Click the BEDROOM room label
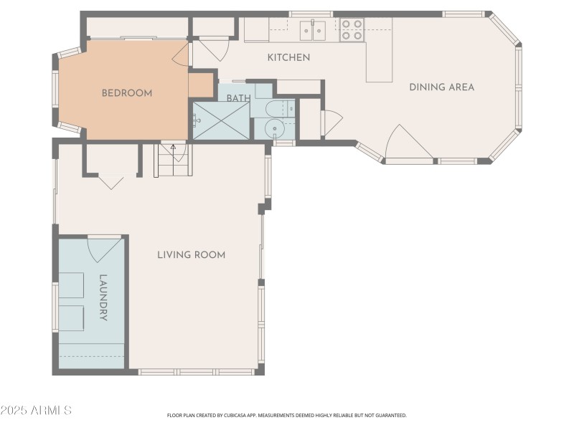click(126, 92)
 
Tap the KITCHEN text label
click(288, 57)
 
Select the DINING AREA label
click(441, 87)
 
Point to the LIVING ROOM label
click(192, 254)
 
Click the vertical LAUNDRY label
click(103, 297)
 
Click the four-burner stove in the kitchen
click(351, 29)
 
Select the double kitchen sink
click(312, 30)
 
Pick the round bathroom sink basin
click(274, 129)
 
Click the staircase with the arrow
click(173, 160)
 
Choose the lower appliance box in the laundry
click(71, 317)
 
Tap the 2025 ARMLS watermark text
click(36, 411)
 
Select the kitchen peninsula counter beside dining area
click(379, 61)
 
